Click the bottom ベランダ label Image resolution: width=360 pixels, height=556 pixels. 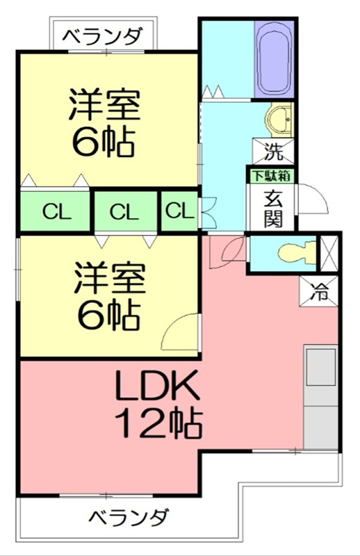coord(130,517)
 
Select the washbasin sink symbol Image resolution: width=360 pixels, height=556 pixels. coord(281,120)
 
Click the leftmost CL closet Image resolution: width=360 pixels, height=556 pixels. coord(56,211)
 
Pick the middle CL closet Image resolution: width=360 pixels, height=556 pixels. coord(125,211)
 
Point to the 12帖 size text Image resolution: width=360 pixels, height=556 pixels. coord(158,422)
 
